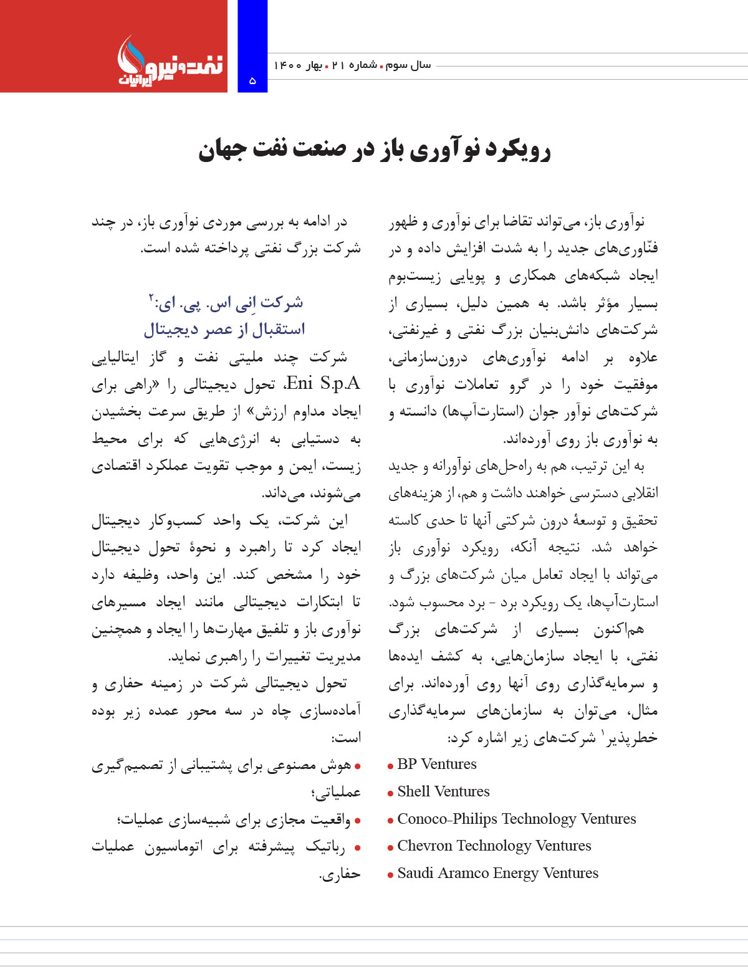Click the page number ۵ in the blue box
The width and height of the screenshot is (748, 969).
[252, 80]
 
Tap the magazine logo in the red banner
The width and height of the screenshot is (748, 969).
[170, 62]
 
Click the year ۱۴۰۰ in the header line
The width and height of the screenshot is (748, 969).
[288, 65]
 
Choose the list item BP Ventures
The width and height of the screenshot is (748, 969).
[436, 765]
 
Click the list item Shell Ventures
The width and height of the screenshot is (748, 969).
[443, 792]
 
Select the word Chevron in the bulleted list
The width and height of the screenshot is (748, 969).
[424, 846]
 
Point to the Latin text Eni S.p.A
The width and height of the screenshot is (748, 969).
[322, 383]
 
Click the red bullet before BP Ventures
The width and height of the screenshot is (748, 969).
[390, 766]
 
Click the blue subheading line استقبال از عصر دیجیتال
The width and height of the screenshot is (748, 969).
[224, 329]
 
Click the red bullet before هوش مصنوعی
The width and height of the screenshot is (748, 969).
[357, 766]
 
